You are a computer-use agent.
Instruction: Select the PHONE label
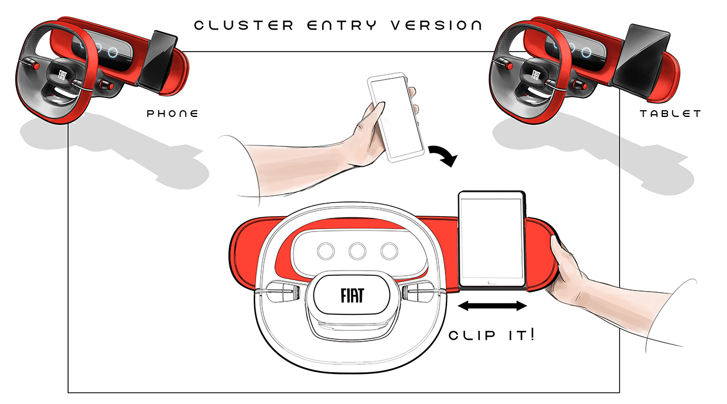[173, 113]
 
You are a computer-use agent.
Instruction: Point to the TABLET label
[670, 113]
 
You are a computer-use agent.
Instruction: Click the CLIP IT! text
[491, 335]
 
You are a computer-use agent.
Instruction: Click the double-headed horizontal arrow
[492, 306]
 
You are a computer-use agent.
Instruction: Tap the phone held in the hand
[396, 116]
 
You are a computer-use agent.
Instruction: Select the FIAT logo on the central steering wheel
[353, 296]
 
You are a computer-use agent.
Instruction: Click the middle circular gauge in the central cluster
[358, 250]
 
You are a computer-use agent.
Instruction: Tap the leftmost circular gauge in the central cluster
[327, 250]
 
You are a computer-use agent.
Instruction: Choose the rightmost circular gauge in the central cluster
[389, 250]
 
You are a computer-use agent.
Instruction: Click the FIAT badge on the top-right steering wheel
[535, 75]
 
